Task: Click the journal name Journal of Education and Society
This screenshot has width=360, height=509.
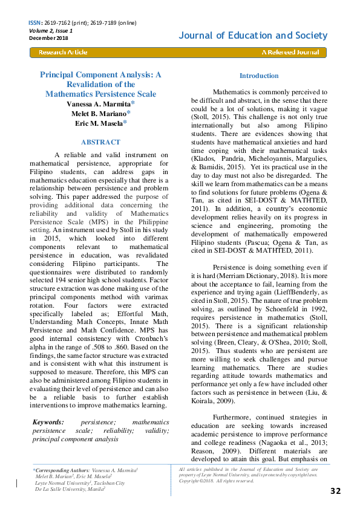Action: click(253, 36)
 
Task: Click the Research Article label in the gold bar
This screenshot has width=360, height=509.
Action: click(63, 53)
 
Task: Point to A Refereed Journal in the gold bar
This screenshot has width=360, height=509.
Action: click(289, 53)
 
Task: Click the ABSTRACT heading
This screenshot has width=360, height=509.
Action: click(100, 141)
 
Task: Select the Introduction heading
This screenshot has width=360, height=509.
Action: click(259, 76)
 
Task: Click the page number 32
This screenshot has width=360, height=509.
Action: click(335, 490)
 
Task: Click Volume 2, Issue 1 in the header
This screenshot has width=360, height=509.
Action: click(51, 30)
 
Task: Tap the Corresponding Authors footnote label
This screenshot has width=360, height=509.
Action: click(60, 470)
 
